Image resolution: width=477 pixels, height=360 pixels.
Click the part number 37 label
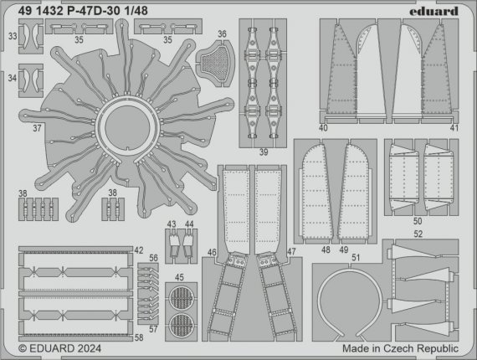click(x=37, y=130)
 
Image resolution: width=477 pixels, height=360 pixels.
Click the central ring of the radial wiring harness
click(x=126, y=131)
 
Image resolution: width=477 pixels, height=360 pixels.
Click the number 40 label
click(x=323, y=128)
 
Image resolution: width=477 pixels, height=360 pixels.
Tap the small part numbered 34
click(x=33, y=77)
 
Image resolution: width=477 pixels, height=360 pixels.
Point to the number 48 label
click(x=325, y=249)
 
